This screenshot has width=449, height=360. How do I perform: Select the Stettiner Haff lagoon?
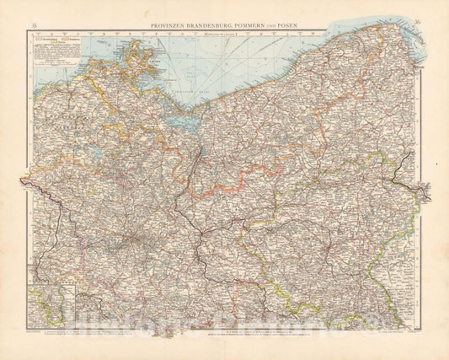(179, 119)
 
